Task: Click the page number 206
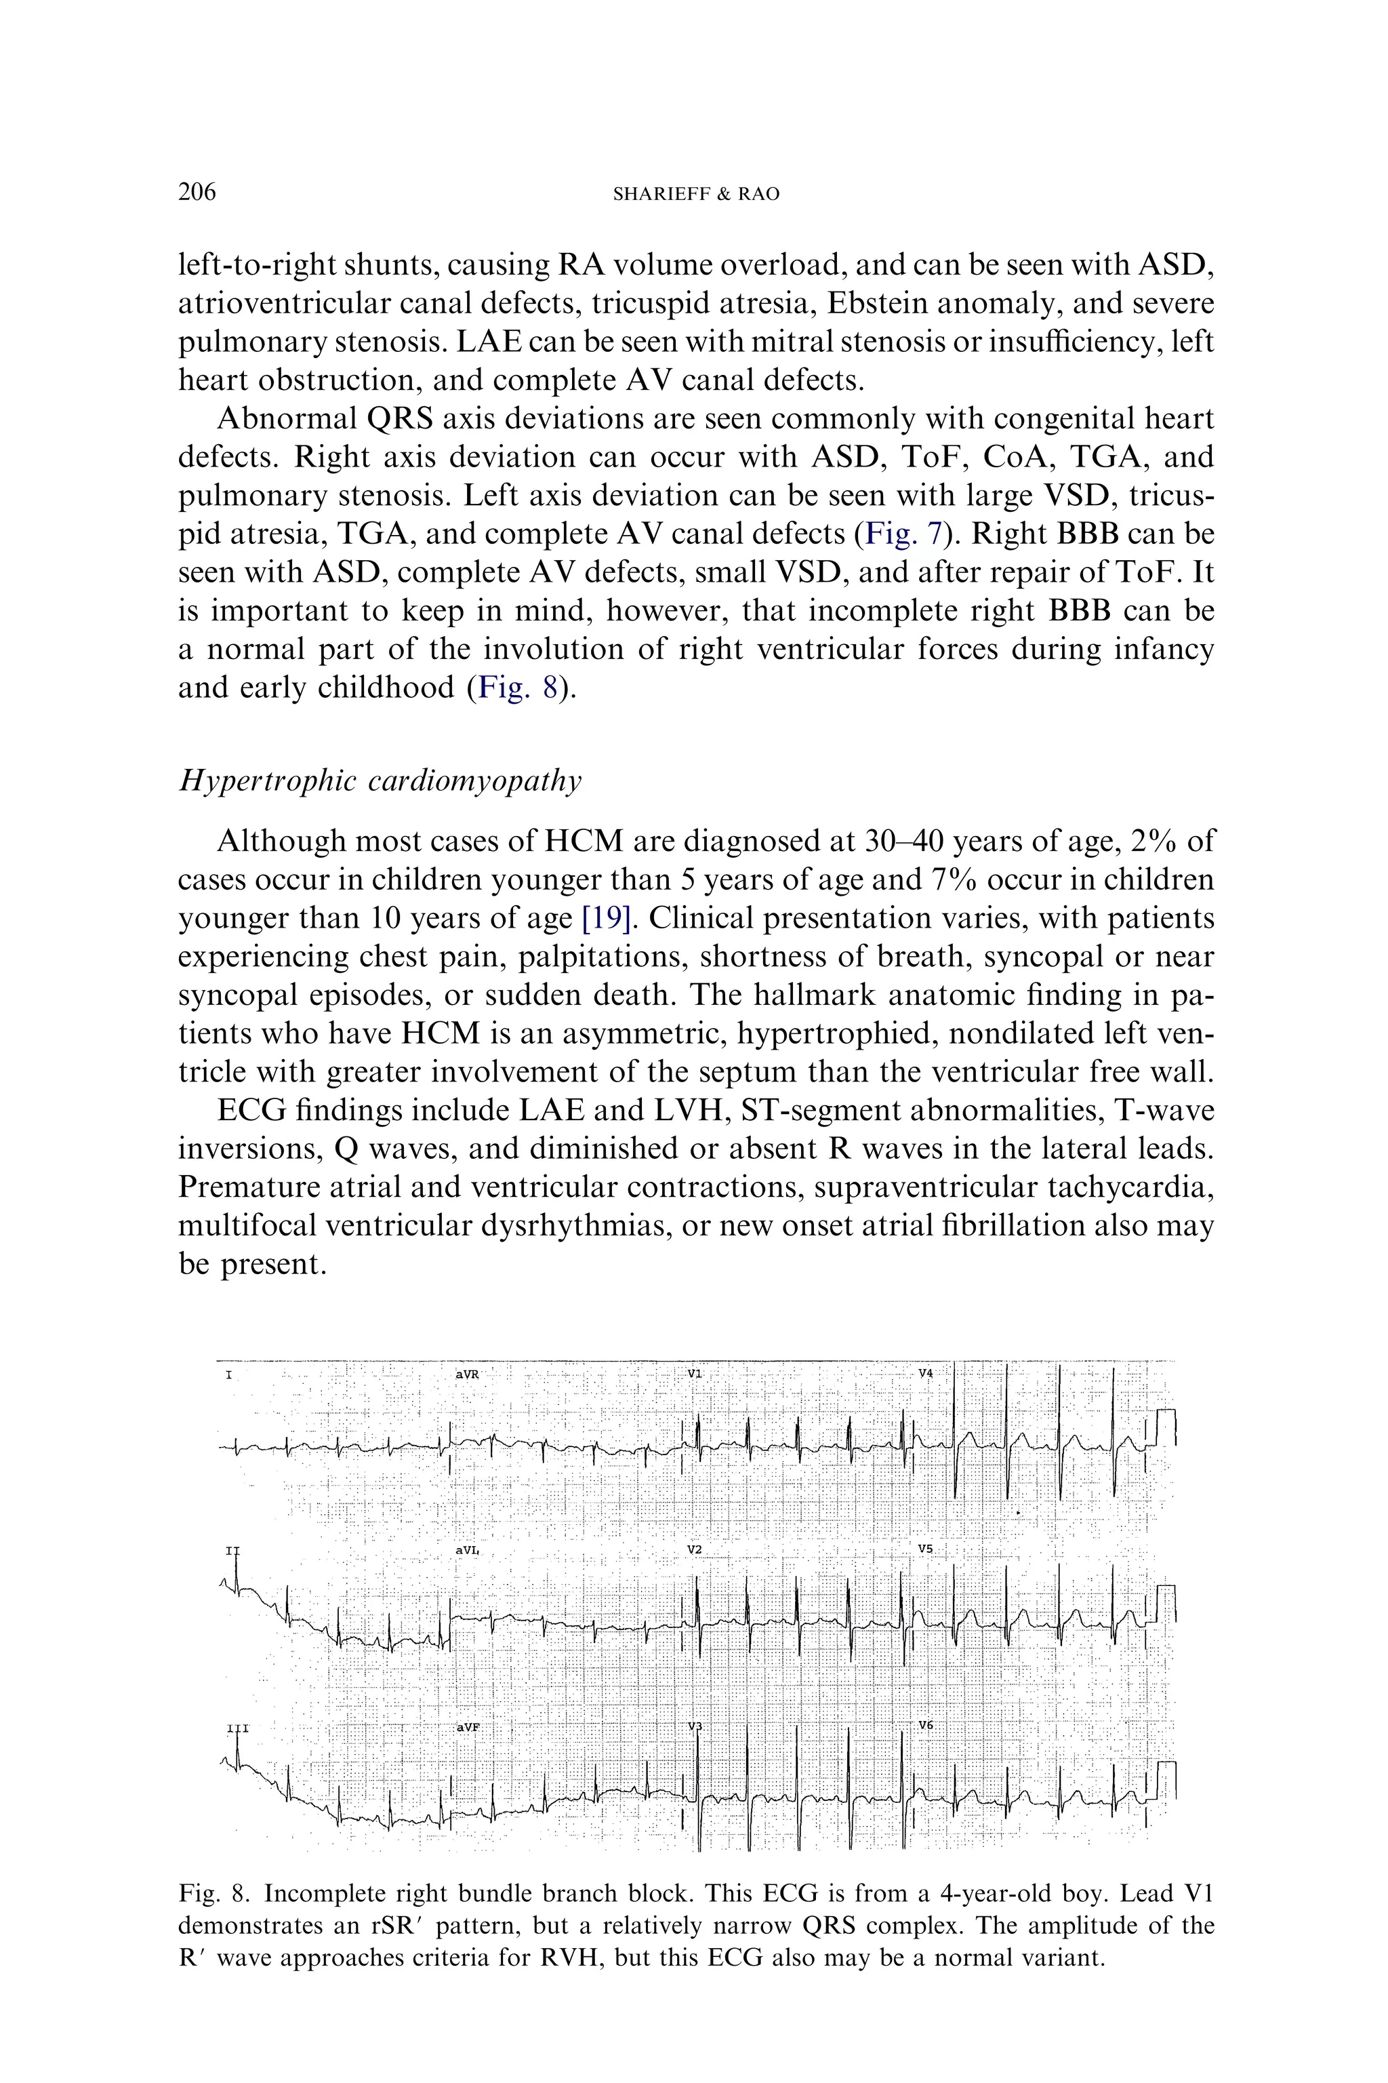pos(197,192)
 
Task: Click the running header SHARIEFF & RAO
pos(696,195)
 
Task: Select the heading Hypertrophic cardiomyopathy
pos(381,781)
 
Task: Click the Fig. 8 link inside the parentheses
pos(518,688)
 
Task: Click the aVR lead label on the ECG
pos(468,1374)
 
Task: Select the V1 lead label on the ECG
pos(695,1374)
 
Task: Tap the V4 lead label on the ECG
pos(925,1372)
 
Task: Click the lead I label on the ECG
pos(229,1375)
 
